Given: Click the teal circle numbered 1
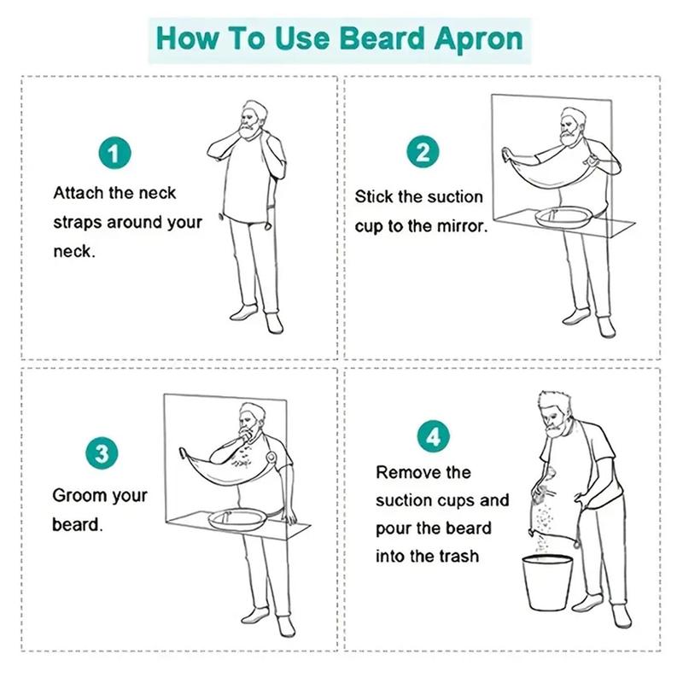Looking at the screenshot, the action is click(114, 153).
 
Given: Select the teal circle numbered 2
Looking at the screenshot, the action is click(423, 152).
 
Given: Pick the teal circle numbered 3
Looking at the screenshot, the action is click(102, 453).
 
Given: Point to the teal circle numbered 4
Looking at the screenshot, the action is click(434, 436).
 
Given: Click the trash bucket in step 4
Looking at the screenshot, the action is click(547, 582).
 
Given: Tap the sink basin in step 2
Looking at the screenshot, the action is click(562, 217).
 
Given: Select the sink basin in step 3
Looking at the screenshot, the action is click(237, 519).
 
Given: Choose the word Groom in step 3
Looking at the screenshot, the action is click(79, 496).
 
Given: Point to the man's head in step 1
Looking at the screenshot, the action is click(252, 120).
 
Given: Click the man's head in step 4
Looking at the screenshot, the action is click(553, 414).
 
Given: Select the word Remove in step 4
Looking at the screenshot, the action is click(402, 473).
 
